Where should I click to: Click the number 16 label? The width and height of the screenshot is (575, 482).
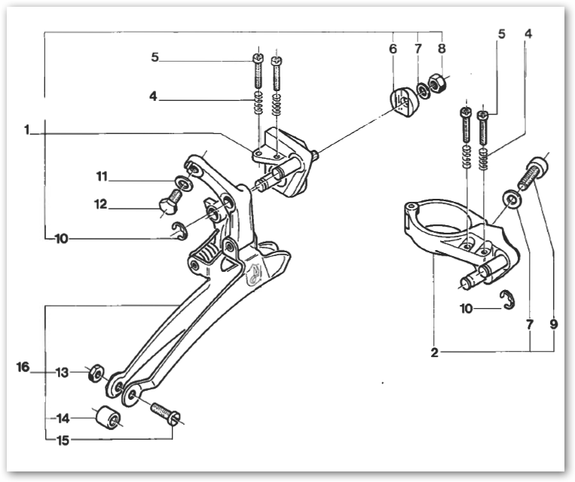23,368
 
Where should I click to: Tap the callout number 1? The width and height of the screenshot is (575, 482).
26,130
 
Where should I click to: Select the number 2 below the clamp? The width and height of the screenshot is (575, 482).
433,352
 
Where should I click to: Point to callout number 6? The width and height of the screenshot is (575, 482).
393,49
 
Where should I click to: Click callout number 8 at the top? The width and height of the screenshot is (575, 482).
442,49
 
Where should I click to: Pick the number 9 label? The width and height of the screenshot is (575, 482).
553,325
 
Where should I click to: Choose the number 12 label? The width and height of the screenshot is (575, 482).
100,204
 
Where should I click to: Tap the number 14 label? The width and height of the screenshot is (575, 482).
63,417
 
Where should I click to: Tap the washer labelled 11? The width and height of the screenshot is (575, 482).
183,183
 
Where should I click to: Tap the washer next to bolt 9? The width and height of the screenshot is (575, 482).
510,199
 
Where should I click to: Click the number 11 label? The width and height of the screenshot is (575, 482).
102,177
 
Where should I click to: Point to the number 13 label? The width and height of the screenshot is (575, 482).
63,372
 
